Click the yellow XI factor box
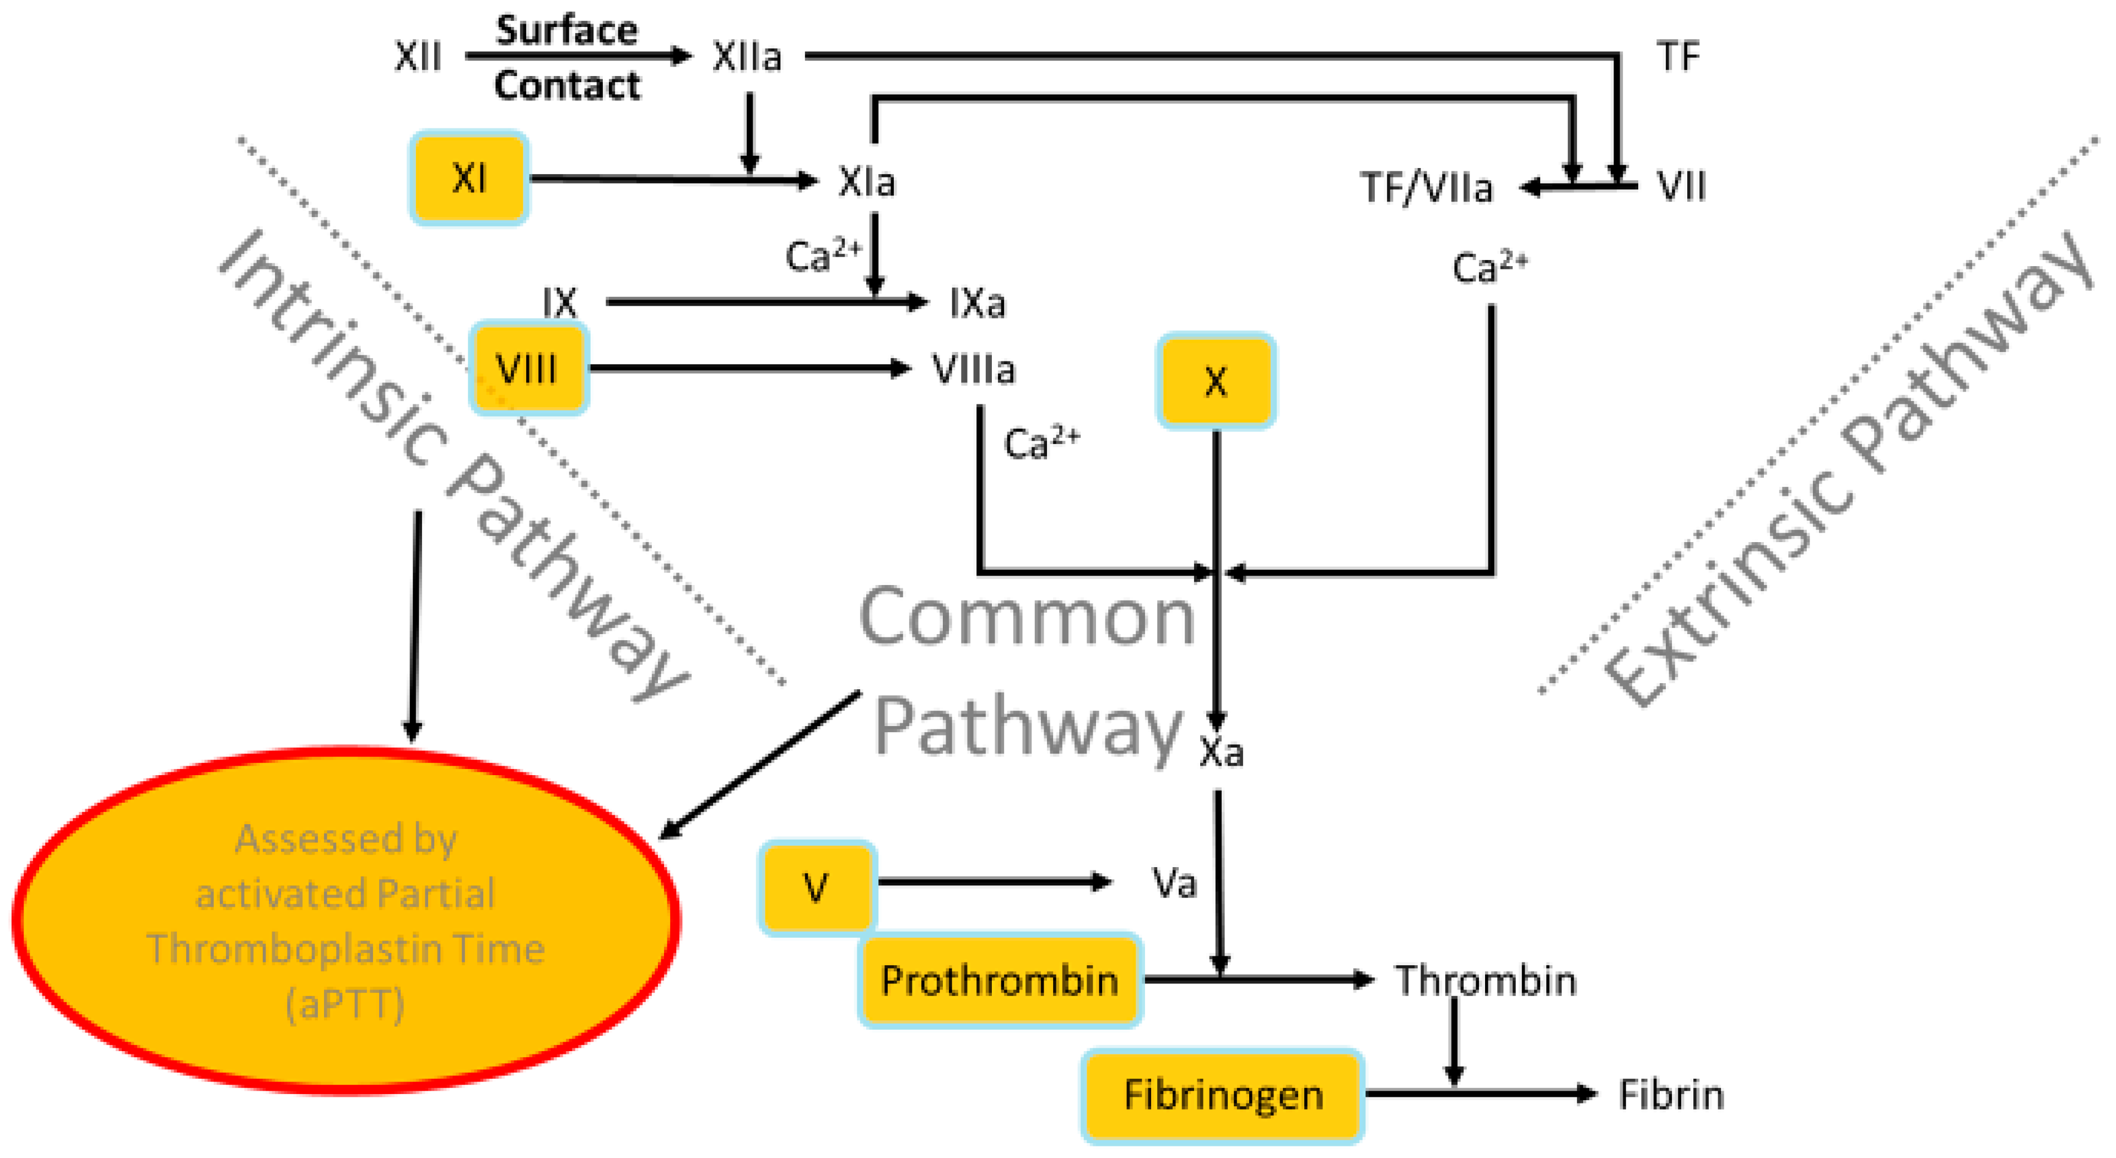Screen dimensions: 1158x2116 468,178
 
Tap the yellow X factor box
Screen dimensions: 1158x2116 1216,381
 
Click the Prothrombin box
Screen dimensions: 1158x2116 999,981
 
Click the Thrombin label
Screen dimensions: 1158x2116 1485,981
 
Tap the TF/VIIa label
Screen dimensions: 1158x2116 1426,188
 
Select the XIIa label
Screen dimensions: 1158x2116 746,57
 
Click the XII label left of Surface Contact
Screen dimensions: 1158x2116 417,57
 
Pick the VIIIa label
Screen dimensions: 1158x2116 973,369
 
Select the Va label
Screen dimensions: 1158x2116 1173,884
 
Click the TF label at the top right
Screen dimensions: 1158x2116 1676,57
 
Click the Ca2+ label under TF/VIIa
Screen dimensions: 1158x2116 1488,268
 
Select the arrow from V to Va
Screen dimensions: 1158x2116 994,882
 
